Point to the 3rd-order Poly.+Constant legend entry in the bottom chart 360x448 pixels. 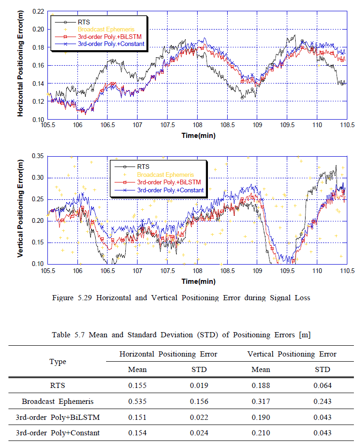tap(170, 190)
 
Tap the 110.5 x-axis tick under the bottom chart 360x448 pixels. tap(346, 271)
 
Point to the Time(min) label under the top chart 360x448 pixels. tap(198, 136)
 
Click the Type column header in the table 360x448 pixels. tap(58, 362)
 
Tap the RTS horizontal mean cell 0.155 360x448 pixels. tap(137, 386)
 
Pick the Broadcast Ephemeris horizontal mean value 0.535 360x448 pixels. tap(137, 402)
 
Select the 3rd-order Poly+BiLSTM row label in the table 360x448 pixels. tap(58, 418)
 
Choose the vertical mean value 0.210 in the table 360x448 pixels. tap(260, 433)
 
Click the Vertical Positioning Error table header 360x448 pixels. tap(291, 354)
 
